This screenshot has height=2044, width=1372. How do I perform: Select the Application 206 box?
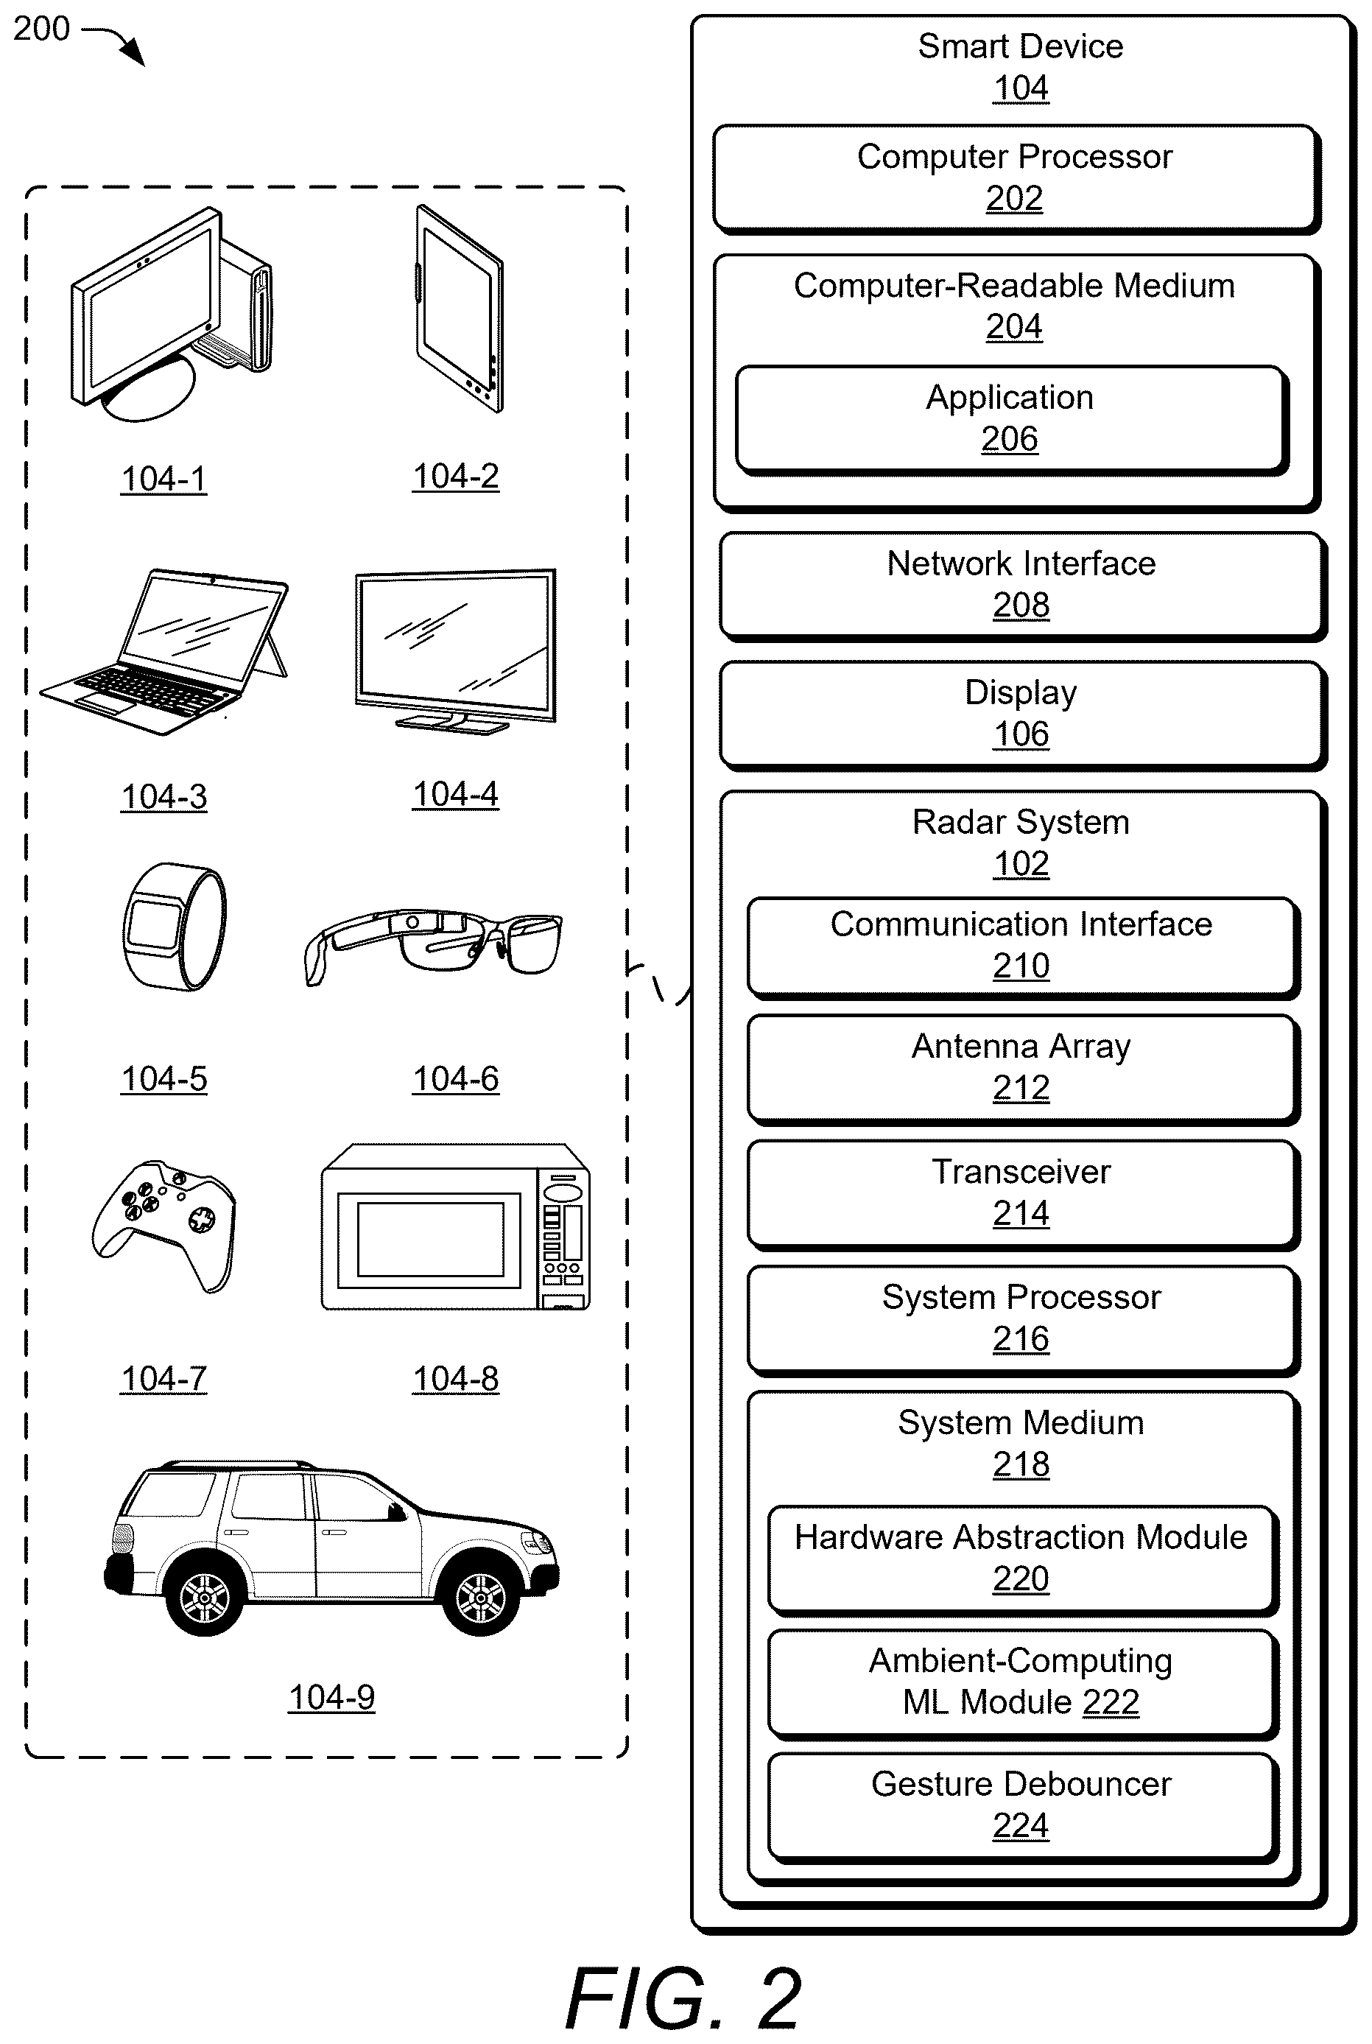[1011, 420]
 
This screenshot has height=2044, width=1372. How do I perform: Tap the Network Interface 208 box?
[1022, 586]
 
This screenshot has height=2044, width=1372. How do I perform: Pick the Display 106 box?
[1022, 715]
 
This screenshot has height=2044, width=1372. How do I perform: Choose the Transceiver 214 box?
[1023, 1195]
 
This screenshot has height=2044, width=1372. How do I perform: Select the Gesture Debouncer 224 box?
[1023, 1808]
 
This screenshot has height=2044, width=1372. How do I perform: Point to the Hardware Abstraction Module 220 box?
[1023, 1560]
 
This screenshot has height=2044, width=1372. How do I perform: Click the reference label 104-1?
[163, 479]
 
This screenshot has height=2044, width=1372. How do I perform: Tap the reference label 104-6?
[456, 1079]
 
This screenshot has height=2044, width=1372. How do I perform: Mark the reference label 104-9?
[331, 1698]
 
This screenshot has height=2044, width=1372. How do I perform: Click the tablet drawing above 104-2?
[460, 308]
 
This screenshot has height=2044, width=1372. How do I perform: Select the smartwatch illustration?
[174, 927]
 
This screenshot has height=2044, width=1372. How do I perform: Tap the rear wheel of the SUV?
[205, 1598]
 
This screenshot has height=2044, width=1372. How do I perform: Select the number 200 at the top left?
[41, 29]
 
